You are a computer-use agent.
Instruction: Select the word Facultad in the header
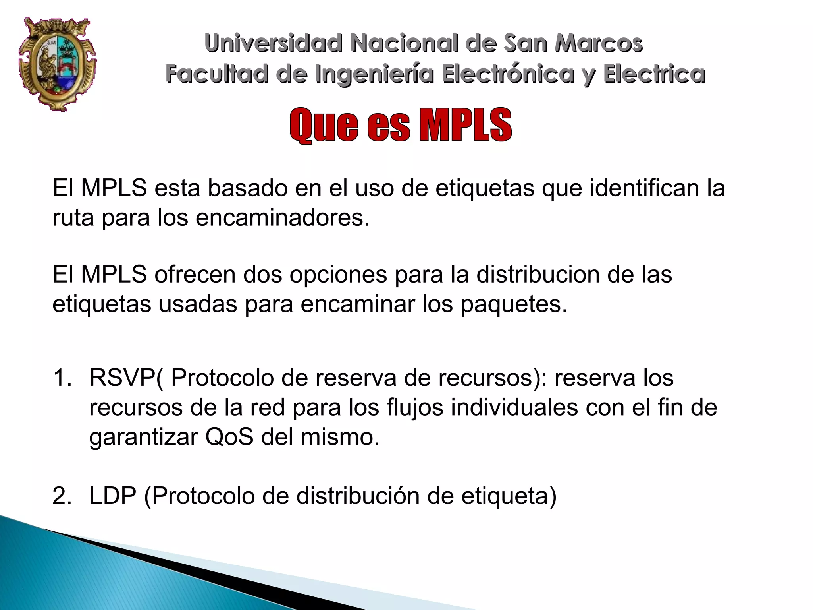(217, 74)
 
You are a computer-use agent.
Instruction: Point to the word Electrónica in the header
(509, 74)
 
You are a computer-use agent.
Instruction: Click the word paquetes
(514, 304)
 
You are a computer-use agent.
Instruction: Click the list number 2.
(62, 496)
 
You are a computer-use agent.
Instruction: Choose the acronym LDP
(113, 496)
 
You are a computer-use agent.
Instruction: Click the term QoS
(229, 437)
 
